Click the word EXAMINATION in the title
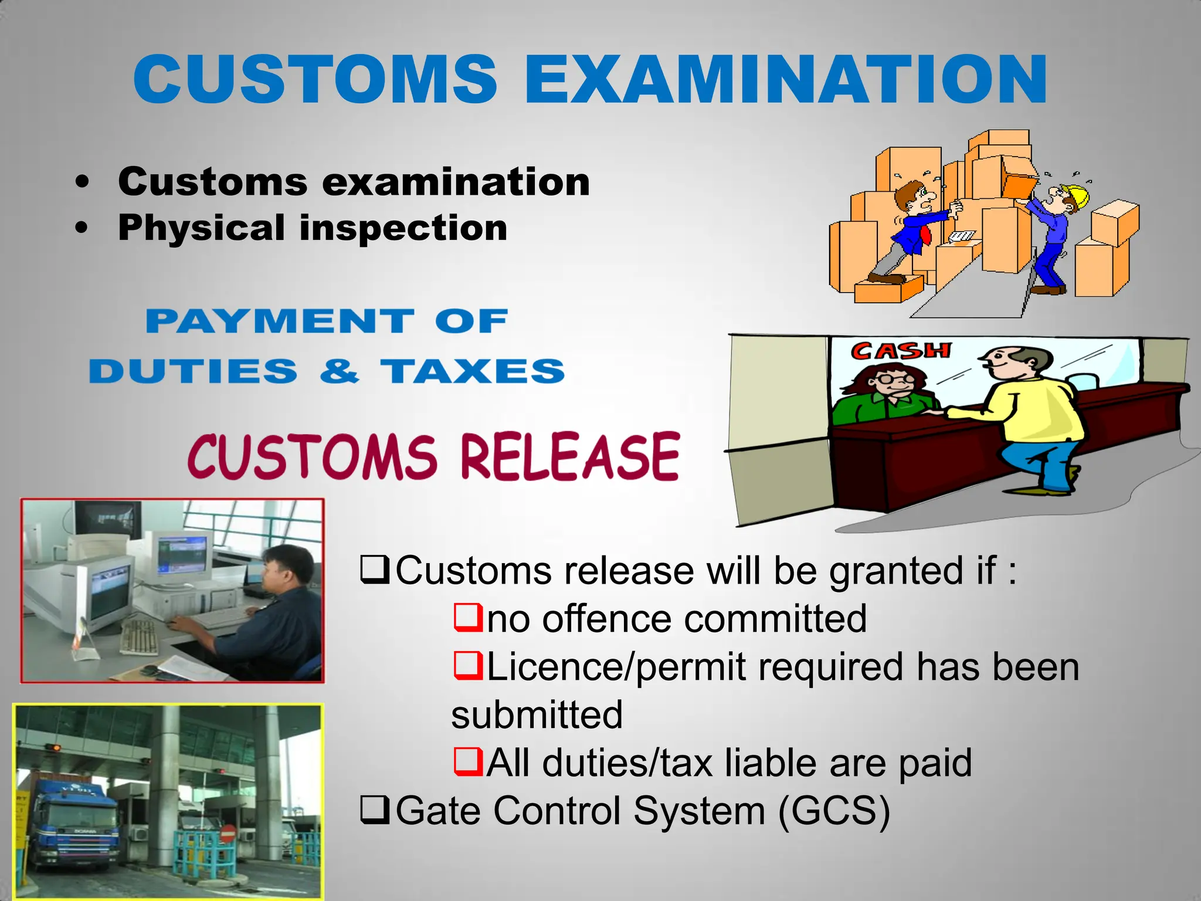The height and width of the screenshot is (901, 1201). pos(786,79)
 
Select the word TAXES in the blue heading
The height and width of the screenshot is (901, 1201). pos(472,371)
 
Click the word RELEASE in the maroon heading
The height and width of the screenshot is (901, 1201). pos(570,457)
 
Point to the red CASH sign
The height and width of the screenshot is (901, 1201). pos(900,351)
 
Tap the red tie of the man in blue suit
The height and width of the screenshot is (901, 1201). pos(926,235)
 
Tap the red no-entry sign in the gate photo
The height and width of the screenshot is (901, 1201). pos(229,833)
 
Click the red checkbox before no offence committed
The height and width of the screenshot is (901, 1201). pos(467,618)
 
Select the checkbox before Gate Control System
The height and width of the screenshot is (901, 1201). pos(375,810)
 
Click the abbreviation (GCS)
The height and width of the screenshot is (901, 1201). pos(834,811)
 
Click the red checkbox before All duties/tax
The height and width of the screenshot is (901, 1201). pos(467,762)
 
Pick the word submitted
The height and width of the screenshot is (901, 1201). pos(537,715)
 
